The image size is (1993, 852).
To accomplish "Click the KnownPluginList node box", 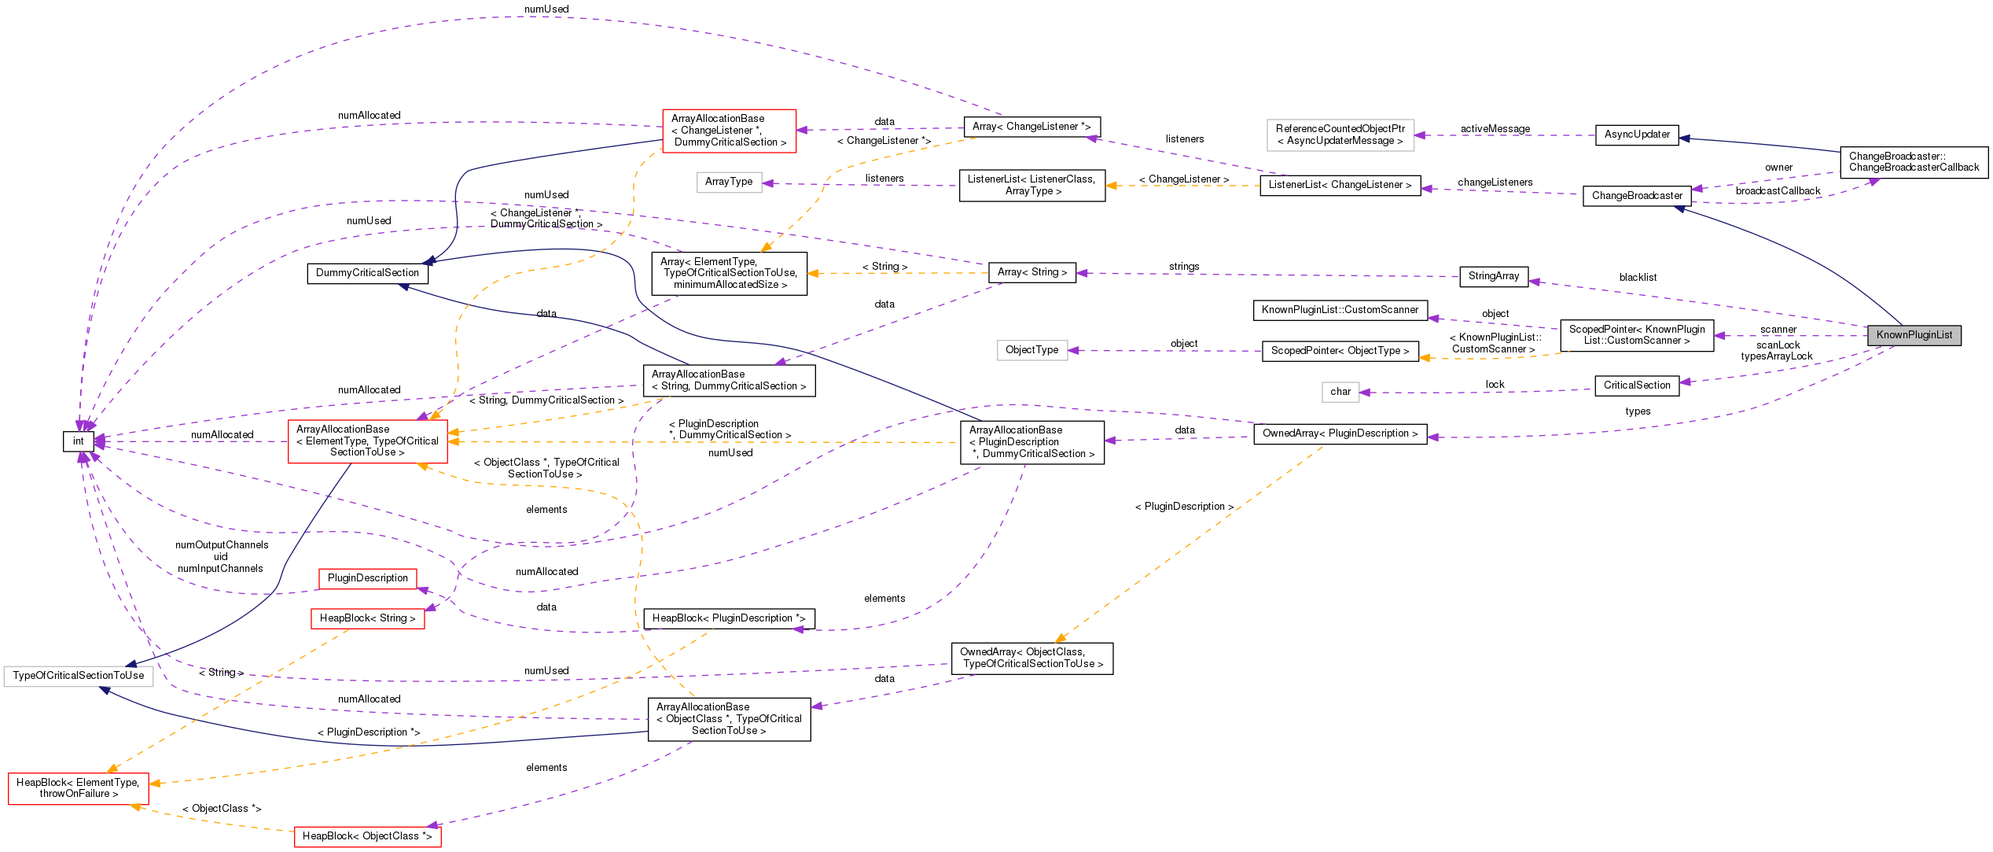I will (x=1914, y=335).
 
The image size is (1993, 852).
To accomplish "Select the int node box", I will (x=79, y=441).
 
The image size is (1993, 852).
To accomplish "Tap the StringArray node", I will (x=1493, y=276).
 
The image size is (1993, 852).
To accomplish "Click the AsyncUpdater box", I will (x=1637, y=135).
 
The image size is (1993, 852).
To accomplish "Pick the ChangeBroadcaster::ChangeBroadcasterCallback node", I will (x=1914, y=162).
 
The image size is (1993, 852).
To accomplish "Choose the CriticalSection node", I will (x=1637, y=385).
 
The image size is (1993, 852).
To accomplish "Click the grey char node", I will (x=1340, y=392).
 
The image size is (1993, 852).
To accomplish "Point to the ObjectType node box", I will (x=1031, y=350).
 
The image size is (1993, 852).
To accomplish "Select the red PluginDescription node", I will (x=367, y=578).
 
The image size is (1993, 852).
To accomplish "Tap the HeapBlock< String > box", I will (x=367, y=618).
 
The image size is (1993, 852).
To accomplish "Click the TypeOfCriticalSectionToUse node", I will (x=79, y=676).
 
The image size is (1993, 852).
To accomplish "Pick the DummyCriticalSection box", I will (x=367, y=273).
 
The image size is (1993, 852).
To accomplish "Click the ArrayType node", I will (x=729, y=182).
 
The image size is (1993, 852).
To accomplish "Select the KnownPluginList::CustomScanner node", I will (x=1340, y=310).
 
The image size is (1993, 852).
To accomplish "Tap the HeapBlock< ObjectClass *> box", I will (x=367, y=836).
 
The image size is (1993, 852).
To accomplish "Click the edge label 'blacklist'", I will (x=1638, y=278).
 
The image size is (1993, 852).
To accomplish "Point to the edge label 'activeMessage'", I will (x=1495, y=129).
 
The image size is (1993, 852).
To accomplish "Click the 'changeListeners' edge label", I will (x=1495, y=183).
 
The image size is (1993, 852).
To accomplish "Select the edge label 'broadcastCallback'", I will (x=1778, y=191).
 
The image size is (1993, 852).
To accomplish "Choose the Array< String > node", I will (x=1031, y=272).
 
